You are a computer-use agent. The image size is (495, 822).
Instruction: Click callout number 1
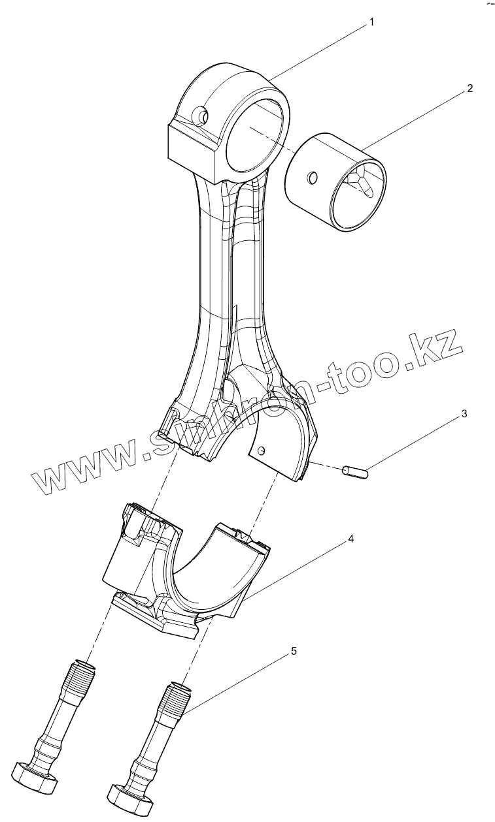(371, 22)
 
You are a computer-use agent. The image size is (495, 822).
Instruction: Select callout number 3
(464, 414)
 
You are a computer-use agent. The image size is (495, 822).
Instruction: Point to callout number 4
(350, 539)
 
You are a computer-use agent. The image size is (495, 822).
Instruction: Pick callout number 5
(294, 651)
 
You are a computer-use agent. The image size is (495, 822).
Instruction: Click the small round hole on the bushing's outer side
(312, 177)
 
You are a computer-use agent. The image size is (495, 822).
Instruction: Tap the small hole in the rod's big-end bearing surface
(262, 451)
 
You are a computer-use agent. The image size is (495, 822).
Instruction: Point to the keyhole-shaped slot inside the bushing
(364, 180)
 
